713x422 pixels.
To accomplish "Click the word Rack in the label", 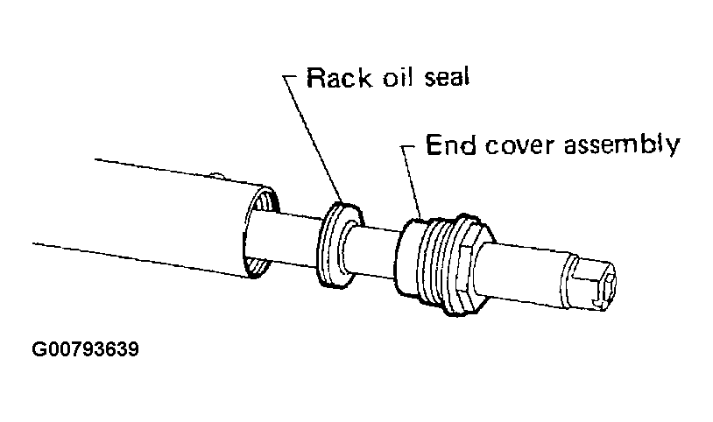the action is [339, 78].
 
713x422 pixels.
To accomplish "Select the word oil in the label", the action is [398, 78].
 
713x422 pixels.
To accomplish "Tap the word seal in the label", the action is [447, 77].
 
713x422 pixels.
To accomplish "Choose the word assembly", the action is [622, 145].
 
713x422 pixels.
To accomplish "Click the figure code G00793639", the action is [86, 349].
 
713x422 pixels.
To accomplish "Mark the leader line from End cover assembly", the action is [411, 182].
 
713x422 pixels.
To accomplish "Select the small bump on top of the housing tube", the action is [217, 175].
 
